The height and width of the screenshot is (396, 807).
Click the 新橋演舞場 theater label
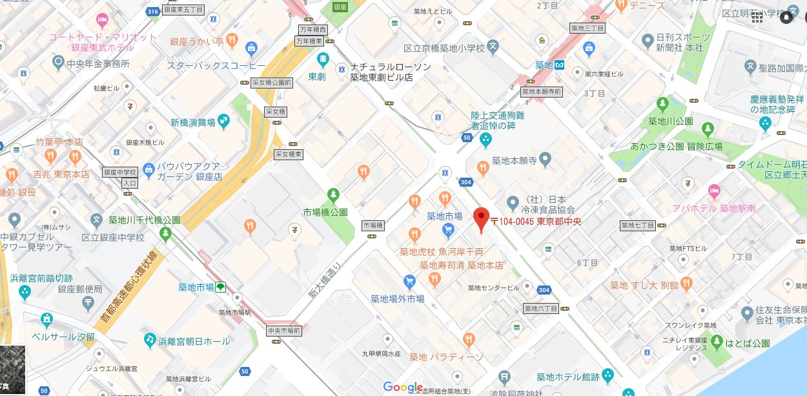193,122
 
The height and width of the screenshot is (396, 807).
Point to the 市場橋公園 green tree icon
333,194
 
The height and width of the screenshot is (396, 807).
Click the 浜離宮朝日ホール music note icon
150,339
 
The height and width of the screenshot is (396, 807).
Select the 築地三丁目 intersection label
587,28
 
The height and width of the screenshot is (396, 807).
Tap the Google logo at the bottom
403,386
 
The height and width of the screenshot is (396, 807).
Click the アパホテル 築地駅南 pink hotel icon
713,191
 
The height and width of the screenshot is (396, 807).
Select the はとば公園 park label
747,343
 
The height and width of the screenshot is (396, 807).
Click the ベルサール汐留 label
63,337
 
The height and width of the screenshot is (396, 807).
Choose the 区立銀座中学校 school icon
97,220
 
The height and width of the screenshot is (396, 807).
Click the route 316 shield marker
152,11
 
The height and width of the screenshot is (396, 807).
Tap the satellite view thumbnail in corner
12,370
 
